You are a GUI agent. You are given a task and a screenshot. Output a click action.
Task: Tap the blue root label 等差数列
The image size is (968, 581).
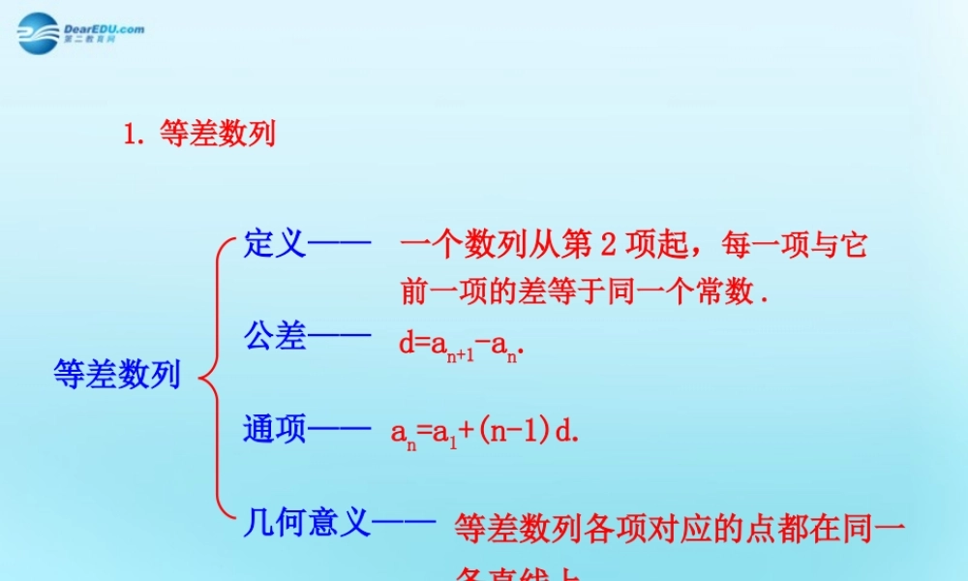117,375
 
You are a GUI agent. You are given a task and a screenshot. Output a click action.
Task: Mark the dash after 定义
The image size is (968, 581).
340,244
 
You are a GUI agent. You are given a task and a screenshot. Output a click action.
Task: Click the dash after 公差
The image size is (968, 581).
340,337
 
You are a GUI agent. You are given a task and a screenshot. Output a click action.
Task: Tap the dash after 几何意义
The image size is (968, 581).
405,524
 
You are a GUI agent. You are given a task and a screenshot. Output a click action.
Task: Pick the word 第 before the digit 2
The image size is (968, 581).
576,246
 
